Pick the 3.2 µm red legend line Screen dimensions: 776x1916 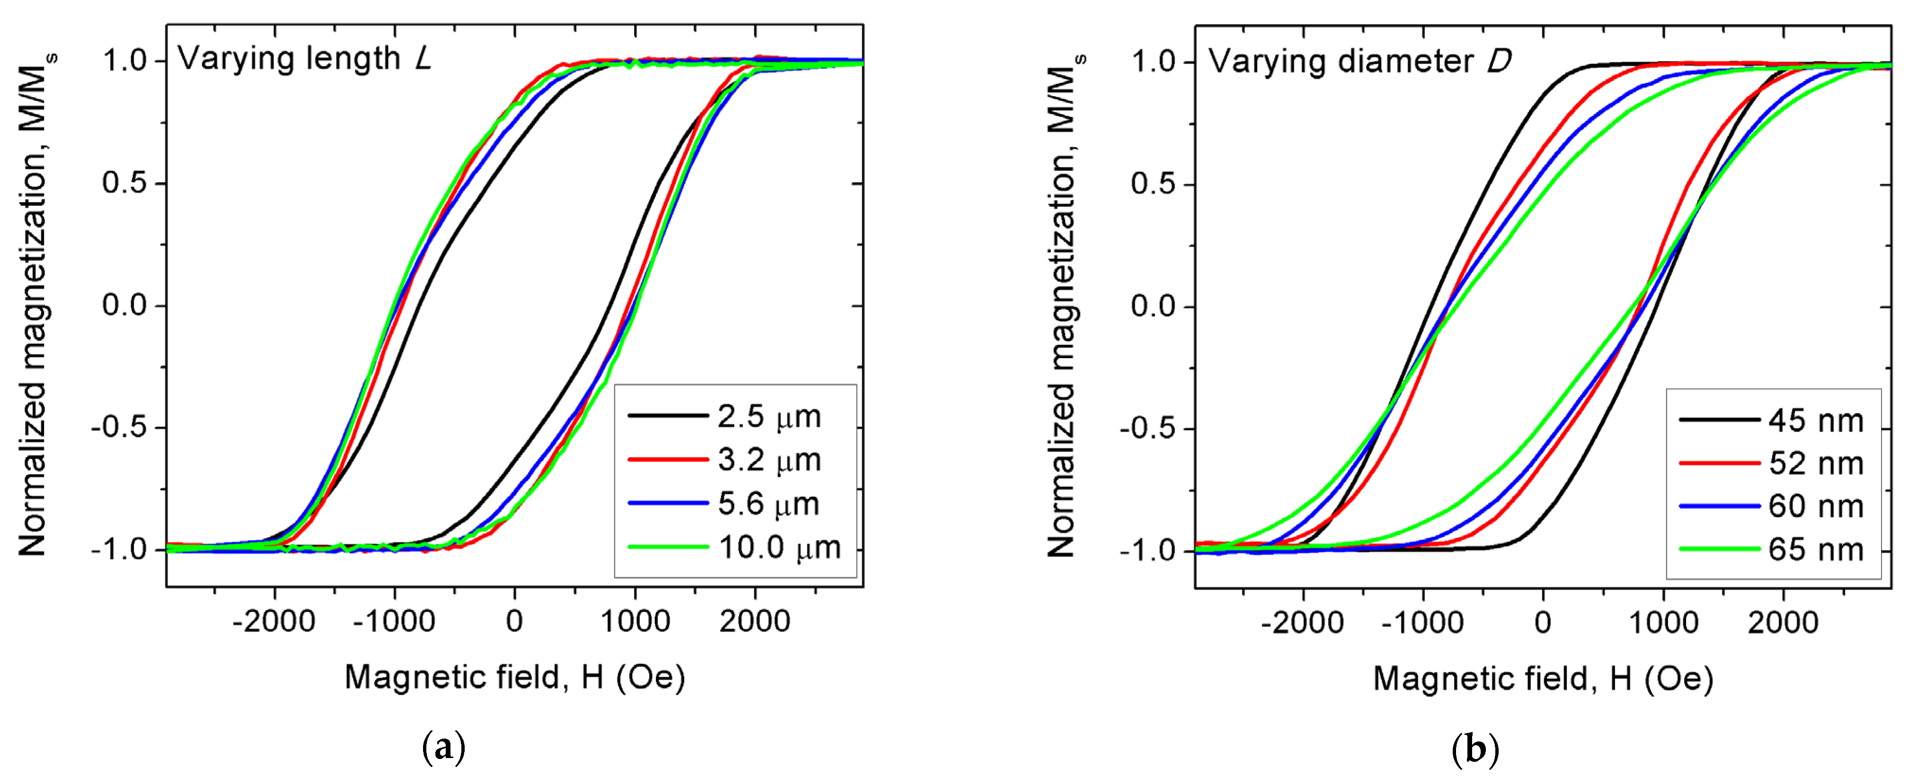pyautogui.click(x=667, y=460)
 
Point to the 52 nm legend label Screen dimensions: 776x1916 pyautogui.click(x=1816, y=464)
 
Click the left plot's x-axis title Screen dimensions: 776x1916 pyautogui.click(x=515, y=677)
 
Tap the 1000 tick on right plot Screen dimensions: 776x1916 pyautogui.click(x=1664, y=622)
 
